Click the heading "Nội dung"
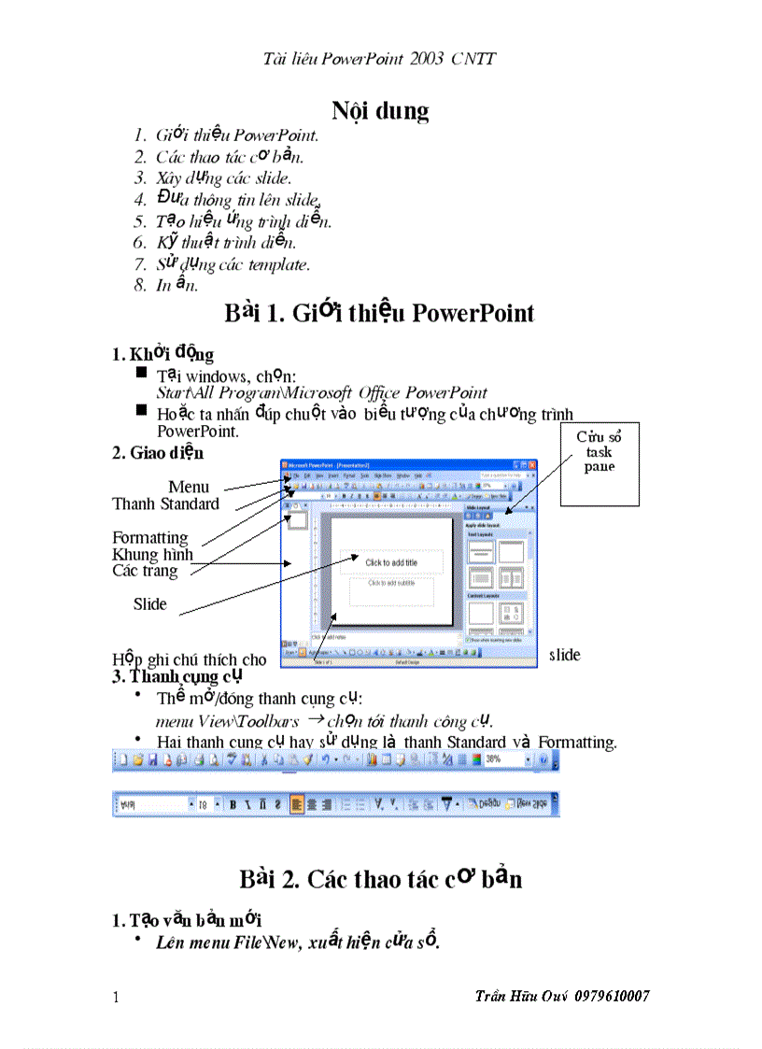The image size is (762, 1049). pos(380,111)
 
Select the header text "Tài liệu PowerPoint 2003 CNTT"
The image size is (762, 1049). pos(379,59)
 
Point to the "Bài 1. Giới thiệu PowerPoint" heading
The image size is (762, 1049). pos(379,313)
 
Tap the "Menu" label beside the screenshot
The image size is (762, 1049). pos(189,487)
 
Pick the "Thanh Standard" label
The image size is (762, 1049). pos(165,504)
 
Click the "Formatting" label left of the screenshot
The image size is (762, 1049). pos(150,538)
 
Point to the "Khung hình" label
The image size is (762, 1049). pos(152,555)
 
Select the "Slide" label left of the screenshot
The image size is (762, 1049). pos(149,604)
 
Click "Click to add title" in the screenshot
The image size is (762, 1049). pos(391,562)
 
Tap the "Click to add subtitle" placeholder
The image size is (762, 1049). pos(391,583)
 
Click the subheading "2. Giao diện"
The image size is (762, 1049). pos(157,453)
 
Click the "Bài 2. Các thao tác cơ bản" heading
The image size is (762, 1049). pos(380,879)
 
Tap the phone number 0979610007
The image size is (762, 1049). pos(613,997)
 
